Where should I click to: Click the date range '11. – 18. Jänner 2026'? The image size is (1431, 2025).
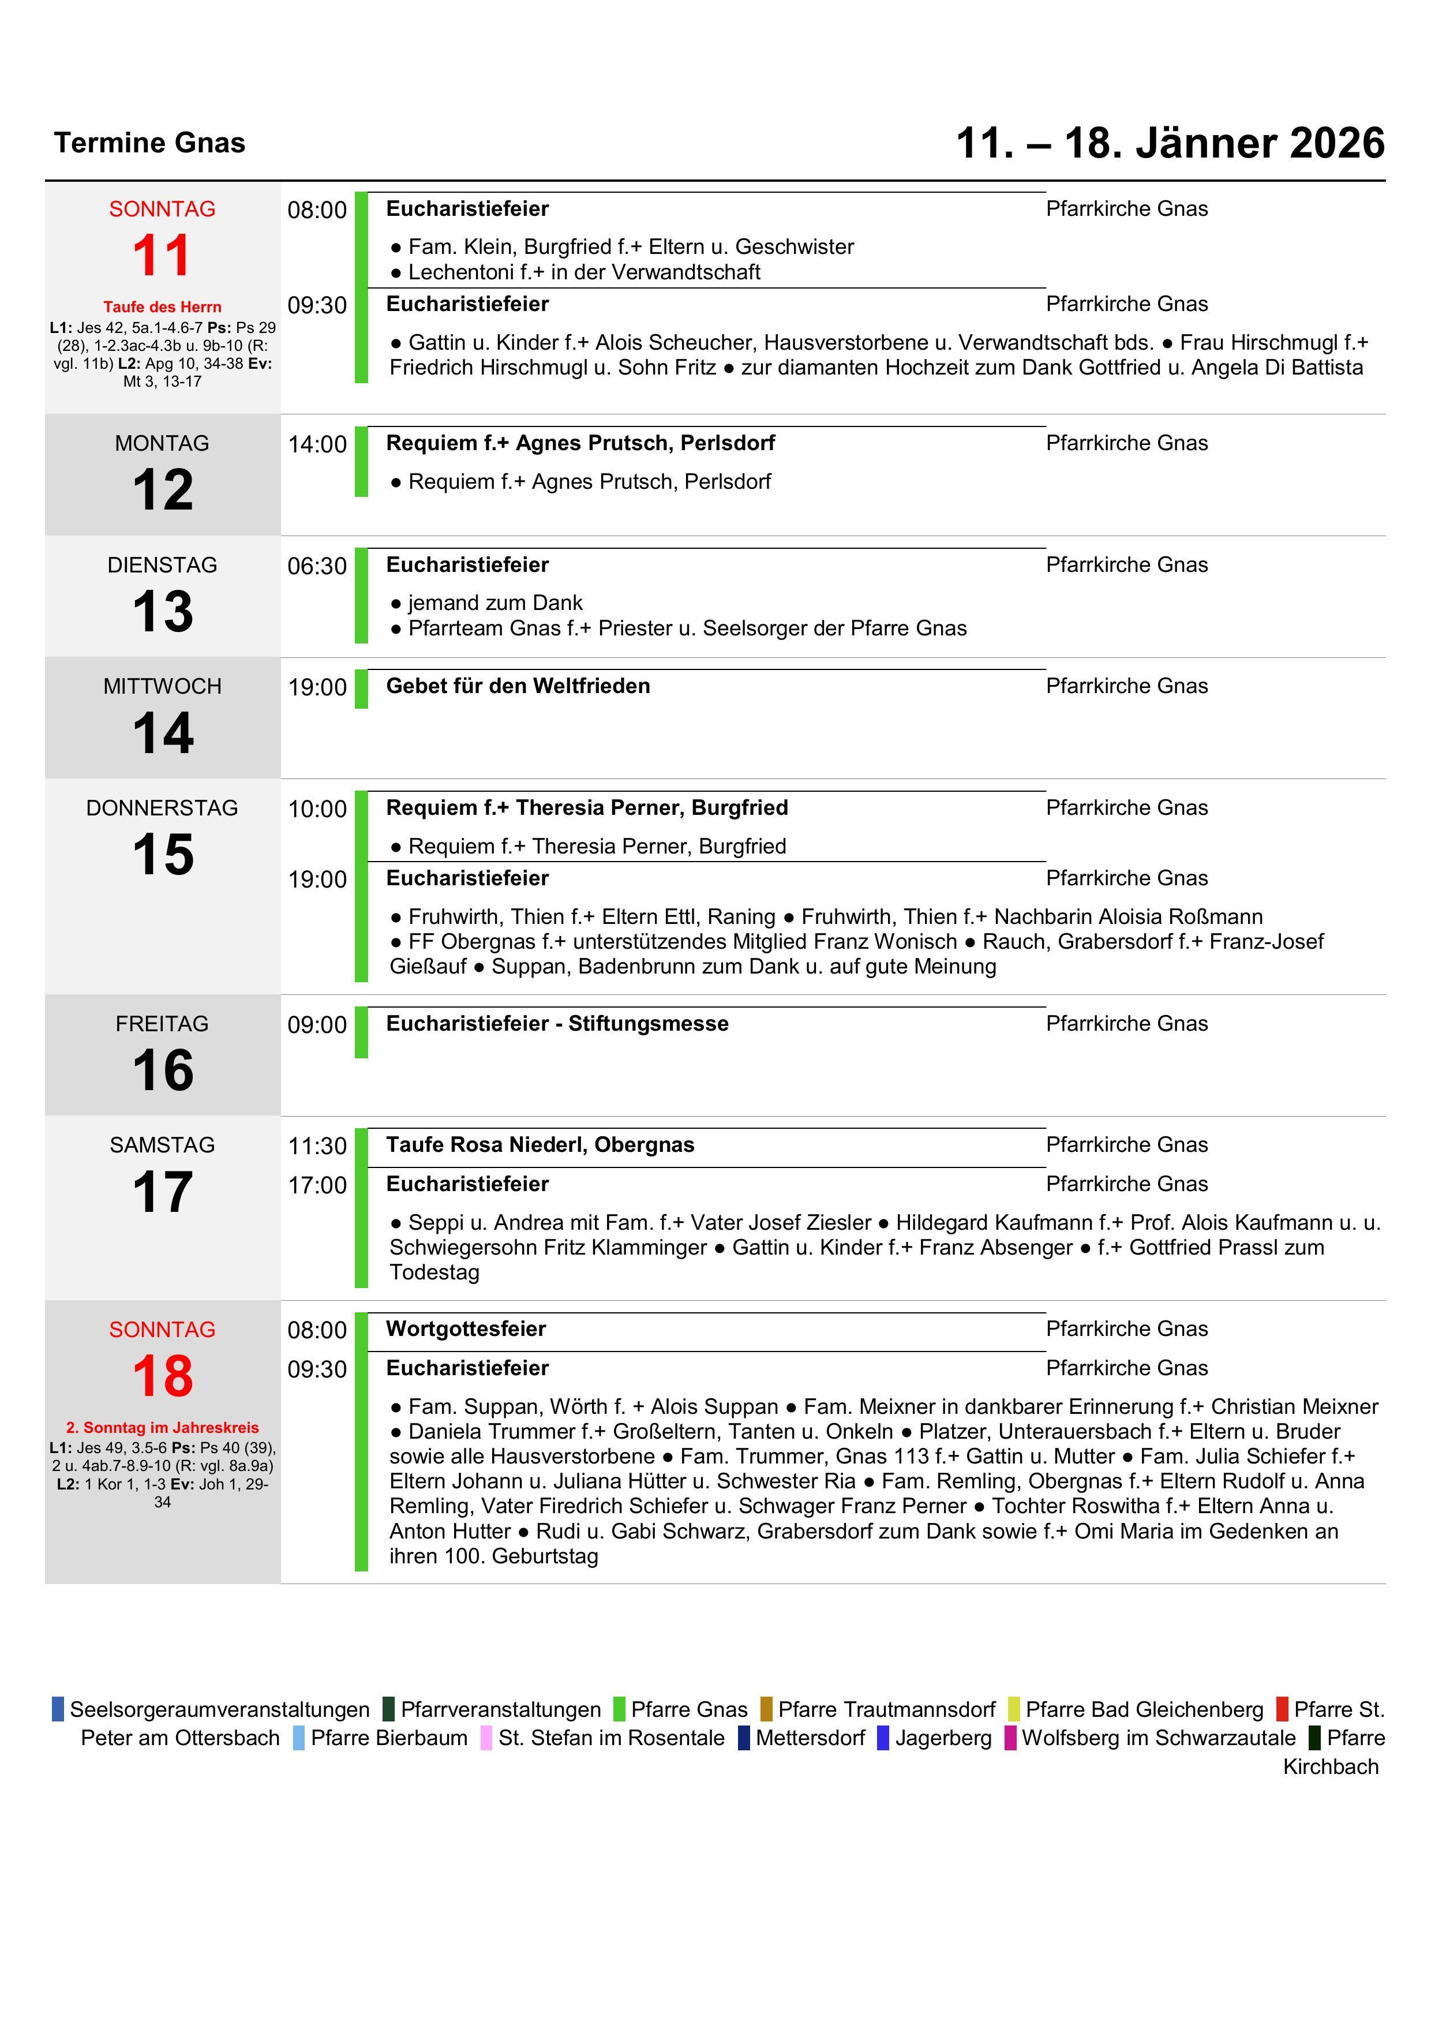pyautogui.click(x=1170, y=143)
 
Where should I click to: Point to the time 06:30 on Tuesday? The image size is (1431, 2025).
pyautogui.click(x=317, y=566)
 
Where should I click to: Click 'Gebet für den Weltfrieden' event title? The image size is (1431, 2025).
pyautogui.click(x=518, y=686)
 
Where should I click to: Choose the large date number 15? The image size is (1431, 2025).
pyautogui.click(x=162, y=855)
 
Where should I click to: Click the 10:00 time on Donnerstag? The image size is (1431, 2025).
pyautogui.click(x=317, y=808)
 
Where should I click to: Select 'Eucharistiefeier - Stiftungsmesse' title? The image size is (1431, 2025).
pyautogui.click(x=557, y=1024)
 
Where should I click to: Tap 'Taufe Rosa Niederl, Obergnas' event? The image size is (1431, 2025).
pyautogui.click(x=540, y=1145)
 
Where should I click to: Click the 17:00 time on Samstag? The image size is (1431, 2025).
pyautogui.click(x=317, y=1185)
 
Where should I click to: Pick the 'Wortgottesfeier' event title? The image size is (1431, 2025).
pyautogui.click(x=466, y=1329)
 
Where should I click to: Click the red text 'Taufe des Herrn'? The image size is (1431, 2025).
pyautogui.click(x=162, y=307)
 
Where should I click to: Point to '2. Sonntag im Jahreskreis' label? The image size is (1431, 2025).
pyautogui.click(x=162, y=1428)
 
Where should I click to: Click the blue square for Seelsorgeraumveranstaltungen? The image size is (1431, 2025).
pyautogui.click(x=58, y=1709)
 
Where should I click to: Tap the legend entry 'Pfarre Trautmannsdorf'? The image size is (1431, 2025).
pyautogui.click(x=886, y=1709)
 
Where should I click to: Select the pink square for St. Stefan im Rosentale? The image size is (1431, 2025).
pyautogui.click(x=486, y=1738)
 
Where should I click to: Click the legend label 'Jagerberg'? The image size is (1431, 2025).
pyautogui.click(x=943, y=1738)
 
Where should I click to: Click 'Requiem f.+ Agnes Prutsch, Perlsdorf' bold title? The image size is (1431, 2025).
pyautogui.click(x=580, y=443)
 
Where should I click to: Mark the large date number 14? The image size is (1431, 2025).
pyautogui.click(x=162, y=734)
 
